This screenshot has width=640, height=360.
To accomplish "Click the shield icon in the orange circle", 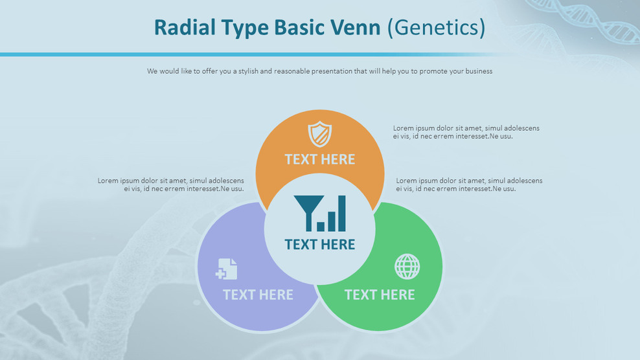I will (319, 134).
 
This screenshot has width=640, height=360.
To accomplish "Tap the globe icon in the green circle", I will (407, 266).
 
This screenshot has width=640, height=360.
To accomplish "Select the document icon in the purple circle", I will (227, 269).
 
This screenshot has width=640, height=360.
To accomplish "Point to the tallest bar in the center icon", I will (341, 213).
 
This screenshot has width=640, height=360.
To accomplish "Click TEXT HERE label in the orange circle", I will (319, 159).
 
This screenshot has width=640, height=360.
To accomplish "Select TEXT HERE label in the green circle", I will (380, 295).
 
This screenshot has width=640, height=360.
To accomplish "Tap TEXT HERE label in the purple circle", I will (258, 295).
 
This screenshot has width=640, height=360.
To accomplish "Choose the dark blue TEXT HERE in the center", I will (319, 244).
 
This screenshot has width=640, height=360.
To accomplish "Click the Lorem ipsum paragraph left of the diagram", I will (171, 185).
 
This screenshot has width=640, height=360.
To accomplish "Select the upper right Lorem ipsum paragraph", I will (466, 132).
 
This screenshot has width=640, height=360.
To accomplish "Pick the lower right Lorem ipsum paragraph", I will (469, 185).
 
